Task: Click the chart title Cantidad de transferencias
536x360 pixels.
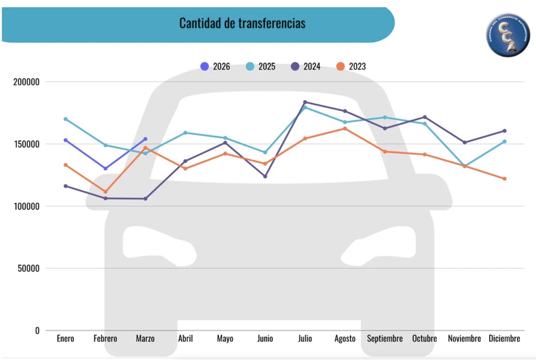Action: (x=242, y=23)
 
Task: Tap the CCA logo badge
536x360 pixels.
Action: (x=508, y=35)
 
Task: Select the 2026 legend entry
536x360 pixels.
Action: (x=215, y=67)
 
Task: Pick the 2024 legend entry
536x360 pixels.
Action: (x=306, y=67)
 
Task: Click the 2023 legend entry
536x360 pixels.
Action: (x=351, y=67)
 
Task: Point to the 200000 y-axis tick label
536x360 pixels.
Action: (x=26, y=82)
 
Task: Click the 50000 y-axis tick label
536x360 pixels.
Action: (x=28, y=268)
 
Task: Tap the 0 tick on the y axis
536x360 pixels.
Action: (x=37, y=330)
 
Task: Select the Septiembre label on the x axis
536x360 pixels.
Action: (x=385, y=338)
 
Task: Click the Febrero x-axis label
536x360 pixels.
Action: (x=105, y=338)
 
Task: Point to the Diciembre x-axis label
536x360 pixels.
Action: (x=504, y=338)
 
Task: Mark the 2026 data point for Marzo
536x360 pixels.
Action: (x=145, y=139)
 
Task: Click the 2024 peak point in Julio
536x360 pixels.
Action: (x=305, y=102)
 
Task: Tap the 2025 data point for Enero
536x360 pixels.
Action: (x=65, y=119)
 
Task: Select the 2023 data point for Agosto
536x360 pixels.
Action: (x=345, y=129)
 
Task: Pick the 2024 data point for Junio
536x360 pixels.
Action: (x=265, y=176)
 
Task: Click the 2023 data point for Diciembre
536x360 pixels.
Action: (x=504, y=178)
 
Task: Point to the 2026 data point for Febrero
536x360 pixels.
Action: (x=105, y=168)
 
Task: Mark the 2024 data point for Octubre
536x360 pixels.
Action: (x=425, y=117)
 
